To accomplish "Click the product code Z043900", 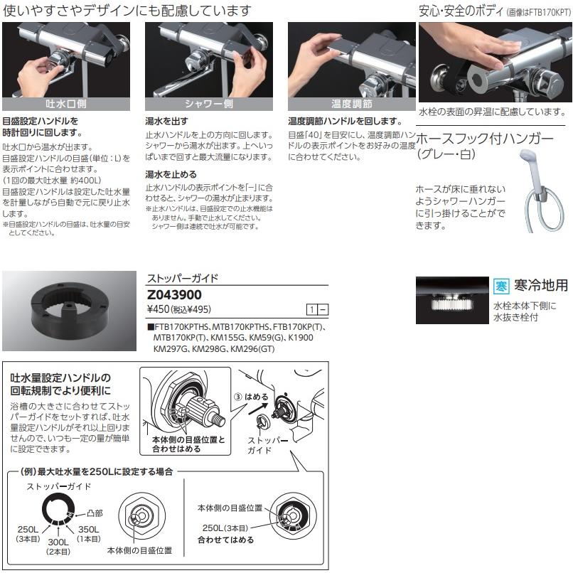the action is [x=174, y=294].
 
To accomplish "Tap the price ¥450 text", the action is [x=159, y=309].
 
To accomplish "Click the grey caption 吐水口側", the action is [x=66, y=104].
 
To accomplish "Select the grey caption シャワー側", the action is [x=209, y=104].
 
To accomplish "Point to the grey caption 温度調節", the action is [x=352, y=104].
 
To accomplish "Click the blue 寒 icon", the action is [x=501, y=286].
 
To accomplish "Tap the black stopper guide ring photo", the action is [x=69, y=311].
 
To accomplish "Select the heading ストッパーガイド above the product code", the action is [x=183, y=278].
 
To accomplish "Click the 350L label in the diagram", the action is [x=88, y=529].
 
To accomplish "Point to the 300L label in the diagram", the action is [x=58, y=542].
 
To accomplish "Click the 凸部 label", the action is [x=95, y=513].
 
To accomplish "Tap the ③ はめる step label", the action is [x=251, y=397].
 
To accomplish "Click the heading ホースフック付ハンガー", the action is [x=485, y=139].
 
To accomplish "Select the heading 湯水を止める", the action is [x=171, y=174].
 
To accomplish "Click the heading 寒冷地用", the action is [x=541, y=285].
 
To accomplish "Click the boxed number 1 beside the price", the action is [x=311, y=310].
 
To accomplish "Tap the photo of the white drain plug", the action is [x=452, y=301].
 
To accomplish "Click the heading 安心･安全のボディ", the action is [x=461, y=11].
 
